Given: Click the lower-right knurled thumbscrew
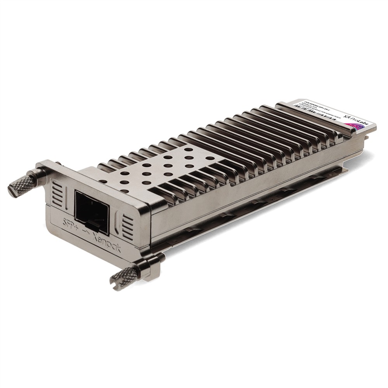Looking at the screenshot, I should (x=126, y=276).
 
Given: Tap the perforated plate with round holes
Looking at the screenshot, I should (x=155, y=167).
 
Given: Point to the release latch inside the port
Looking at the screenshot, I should (x=93, y=223).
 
